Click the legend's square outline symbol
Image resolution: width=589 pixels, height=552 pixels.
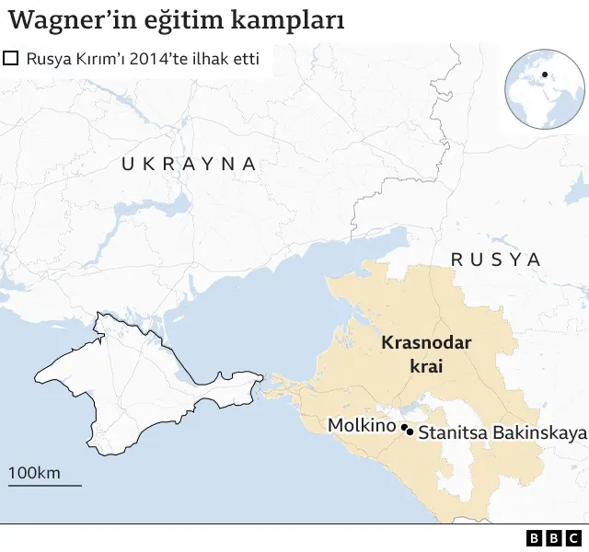[x=12, y=60]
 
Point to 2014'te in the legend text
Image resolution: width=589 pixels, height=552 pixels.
[x=169, y=60]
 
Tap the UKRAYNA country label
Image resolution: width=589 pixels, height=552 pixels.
[x=189, y=164]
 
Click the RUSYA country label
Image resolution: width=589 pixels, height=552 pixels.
[x=496, y=259]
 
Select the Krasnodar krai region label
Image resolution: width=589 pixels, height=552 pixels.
[x=426, y=354]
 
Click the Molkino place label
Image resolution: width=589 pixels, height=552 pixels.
[x=362, y=427]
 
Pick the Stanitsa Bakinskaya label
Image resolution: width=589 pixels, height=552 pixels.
[x=502, y=431]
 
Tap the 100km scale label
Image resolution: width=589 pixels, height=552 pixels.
[x=34, y=473]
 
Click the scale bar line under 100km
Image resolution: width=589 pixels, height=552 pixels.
[x=44, y=485]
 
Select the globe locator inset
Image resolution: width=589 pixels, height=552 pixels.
[x=544, y=90]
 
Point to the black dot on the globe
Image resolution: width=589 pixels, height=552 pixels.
[x=545, y=75]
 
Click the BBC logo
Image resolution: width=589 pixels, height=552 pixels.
[x=554, y=538]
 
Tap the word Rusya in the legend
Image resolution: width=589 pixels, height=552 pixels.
[x=48, y=60]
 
